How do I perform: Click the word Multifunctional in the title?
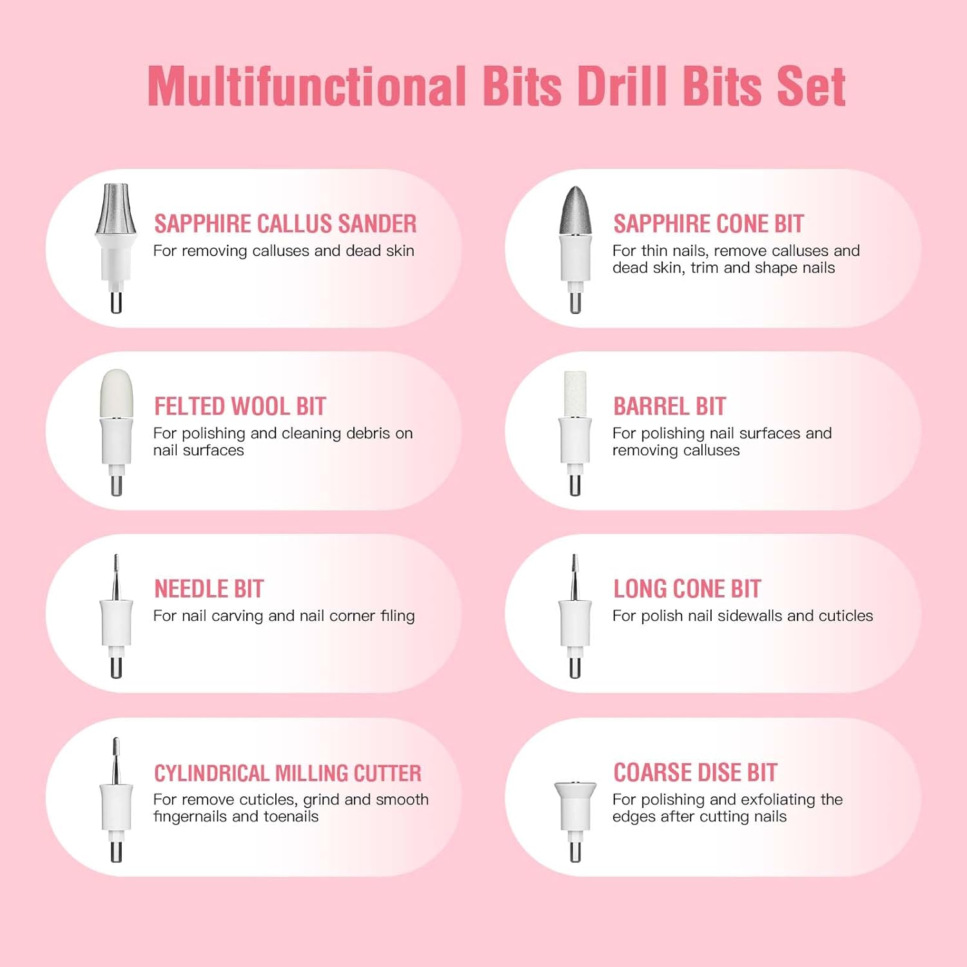[307, 86]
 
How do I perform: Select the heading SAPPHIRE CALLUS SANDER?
[286, 224]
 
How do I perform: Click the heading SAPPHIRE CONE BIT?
[708, 224]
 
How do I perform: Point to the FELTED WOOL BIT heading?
[240, 406]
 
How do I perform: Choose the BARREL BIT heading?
[670, 406]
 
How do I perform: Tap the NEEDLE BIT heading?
[209, 589]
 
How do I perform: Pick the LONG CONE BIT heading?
[687, 589]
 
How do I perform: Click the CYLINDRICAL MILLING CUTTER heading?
[288, 772]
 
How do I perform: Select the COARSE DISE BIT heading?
[696, 772]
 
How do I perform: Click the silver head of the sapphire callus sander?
[116, 209]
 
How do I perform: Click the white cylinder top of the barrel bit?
[575, 394]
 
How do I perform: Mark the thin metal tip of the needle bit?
[116, 576]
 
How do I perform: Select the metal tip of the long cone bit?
[574, 576]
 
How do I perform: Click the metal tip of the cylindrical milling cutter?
[116, 759]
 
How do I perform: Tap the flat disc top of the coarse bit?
[575, 786]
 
